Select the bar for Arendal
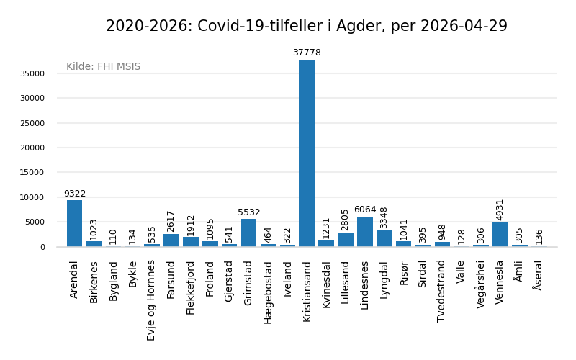pyautogui.click(x=74, y=223)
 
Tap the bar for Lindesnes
pyautogui.click(x=365, y=232)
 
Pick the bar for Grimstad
pyautogui.click(x=248, y=233)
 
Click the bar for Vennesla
pyautogui.click(x=500, y=235)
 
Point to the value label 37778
pyautogui.click(x=307, y=53)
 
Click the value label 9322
pyautogui.click(x=74, y=194)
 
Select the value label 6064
pyautogui.click(x=365, y=210)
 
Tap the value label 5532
pyautogui.click(x=248, y=212)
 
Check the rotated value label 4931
pyautogui.click(x=500, y=210)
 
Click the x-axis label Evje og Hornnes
pyautogui.click(x=152, y=300)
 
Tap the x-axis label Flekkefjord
pyautogui.click(x=191, y=287)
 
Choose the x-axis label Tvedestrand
pyautogui.click(x=442, y=290)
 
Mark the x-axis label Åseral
pyautogui.click(x=539, y=275)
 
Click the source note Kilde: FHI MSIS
pyautogui.click(x=104, y=67)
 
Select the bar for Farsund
pyautogui.click(x=171, y=240)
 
